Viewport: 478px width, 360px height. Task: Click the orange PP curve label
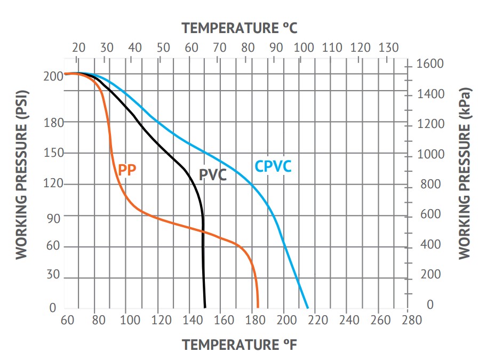128,170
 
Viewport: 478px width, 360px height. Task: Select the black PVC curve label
213,174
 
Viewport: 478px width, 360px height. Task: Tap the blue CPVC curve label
273,166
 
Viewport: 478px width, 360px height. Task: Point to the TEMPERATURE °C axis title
239,28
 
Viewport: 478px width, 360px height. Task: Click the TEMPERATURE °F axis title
239,345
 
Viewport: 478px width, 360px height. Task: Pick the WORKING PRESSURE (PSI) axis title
21,174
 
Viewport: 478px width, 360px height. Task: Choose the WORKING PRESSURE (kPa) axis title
465,174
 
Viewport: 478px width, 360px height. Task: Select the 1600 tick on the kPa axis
429,64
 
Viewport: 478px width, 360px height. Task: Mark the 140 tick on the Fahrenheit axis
193,320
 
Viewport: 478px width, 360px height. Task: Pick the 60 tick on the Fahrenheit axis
67,320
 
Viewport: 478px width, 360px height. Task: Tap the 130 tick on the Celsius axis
388,47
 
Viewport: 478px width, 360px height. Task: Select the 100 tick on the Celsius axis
304,47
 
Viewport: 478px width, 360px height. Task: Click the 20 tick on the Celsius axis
78,47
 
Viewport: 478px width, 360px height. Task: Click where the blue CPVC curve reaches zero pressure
308,308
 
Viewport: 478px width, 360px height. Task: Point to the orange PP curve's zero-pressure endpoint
258,307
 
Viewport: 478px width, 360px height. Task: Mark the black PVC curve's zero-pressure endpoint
205,307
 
